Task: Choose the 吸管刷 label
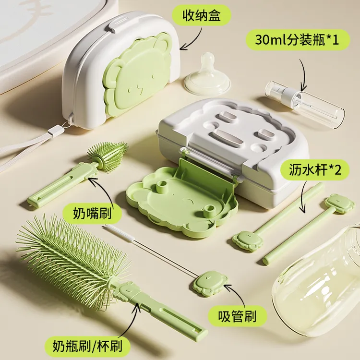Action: [236, 317]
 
